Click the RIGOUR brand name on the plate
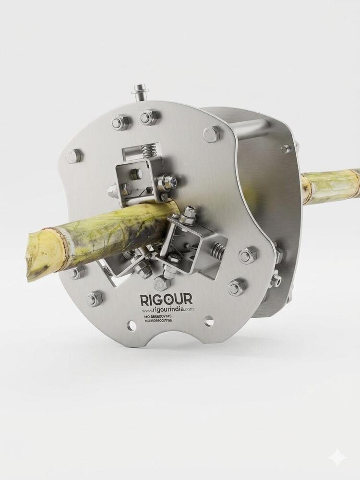pyautogui.click(x=166, y=299)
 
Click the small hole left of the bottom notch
pyautogui.click(x=132, y=325)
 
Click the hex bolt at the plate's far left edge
pyautogui.click(x=73, y=156)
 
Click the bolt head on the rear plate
pyautogui.click(x=286, y=149)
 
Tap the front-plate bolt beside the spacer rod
pyautogui.click(x=212, y=134)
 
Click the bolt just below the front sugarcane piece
pyautogui.click(x=76, y=273)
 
